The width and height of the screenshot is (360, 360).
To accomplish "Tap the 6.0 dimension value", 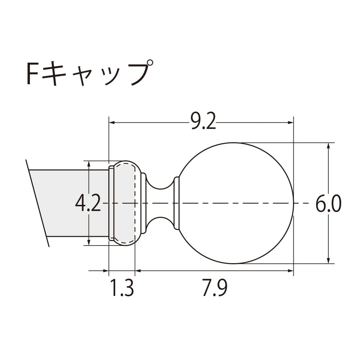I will click(328, 205).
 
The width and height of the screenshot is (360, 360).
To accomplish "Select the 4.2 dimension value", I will click(88, 204).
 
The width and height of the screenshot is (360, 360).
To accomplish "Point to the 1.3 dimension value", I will click(122, 289).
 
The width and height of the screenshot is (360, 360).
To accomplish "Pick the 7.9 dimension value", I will click(215, 289).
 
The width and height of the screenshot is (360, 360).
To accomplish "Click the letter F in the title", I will click(33, 74).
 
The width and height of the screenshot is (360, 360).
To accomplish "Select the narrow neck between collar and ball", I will click(160, 203).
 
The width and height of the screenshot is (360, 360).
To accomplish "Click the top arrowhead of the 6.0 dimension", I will click(328, 146).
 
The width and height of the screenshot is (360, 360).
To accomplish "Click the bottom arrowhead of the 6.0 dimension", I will click(328, 261).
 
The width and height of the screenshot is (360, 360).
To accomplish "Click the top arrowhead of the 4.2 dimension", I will click(89, 163).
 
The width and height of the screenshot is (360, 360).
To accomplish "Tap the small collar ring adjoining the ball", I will click(176, 203).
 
